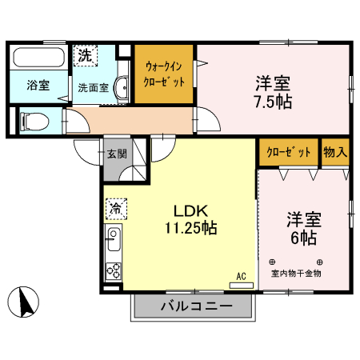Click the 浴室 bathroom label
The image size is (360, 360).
click(x=37, y=86)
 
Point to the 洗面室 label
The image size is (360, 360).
click(x=92, y=89)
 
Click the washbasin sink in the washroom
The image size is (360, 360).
click(x=120, y=89)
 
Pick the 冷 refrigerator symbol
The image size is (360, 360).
click(x=115, y=209)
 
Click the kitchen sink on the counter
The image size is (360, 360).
click(x=113, y=239)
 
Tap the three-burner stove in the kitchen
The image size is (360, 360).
click(x=113, y=270)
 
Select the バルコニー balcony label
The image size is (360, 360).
click(x=195, y=307)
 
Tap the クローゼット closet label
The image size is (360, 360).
click(x=287, y=153)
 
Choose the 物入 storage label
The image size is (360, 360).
click(x=334, y=153)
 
